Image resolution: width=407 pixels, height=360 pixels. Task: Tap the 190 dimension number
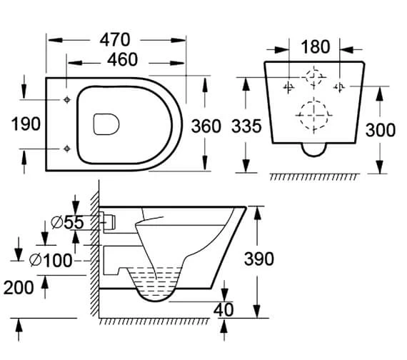tap(26, 124)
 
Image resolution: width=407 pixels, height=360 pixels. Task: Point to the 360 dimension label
tap(206, 126)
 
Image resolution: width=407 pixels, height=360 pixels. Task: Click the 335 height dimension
tap(246, 126)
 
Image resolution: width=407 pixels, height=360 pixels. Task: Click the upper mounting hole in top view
tap(66, 100)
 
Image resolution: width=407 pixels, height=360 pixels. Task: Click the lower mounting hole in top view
tap(66, 148)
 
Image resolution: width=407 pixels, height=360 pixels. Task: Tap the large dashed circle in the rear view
tap(313, 112)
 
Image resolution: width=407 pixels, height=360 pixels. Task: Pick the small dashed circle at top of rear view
tap(313, 76)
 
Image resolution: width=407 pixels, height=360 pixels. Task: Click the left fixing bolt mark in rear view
tap(288, 86)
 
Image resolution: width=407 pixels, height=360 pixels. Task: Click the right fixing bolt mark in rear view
tap(341, 86)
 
